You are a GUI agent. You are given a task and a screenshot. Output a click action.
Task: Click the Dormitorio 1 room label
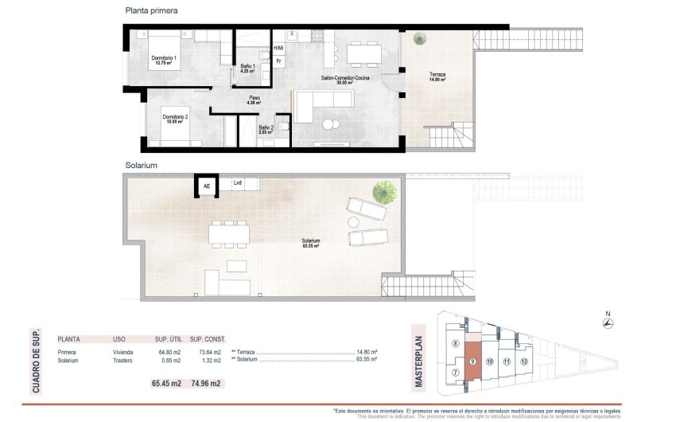point(165,61)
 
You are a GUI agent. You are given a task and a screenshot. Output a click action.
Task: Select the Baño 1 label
point(247,68)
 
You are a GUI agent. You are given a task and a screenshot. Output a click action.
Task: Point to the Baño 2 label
point(266,130)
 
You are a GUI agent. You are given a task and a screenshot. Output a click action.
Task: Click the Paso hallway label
point(254,100)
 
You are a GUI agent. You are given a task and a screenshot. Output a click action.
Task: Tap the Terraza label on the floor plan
point(437,76)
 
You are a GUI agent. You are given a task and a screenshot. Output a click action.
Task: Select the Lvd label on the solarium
point(238,183)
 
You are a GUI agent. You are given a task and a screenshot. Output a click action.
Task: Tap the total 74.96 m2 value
point(205,383)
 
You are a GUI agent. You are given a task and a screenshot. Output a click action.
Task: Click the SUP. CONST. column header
point(208,338)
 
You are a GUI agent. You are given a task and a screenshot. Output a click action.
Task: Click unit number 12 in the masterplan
point(524,361)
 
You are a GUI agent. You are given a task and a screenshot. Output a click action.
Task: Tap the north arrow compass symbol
point(607,322)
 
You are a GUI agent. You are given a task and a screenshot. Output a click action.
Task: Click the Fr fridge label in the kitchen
point(278,61)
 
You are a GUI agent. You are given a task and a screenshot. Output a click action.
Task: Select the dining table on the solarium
point(229,234)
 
